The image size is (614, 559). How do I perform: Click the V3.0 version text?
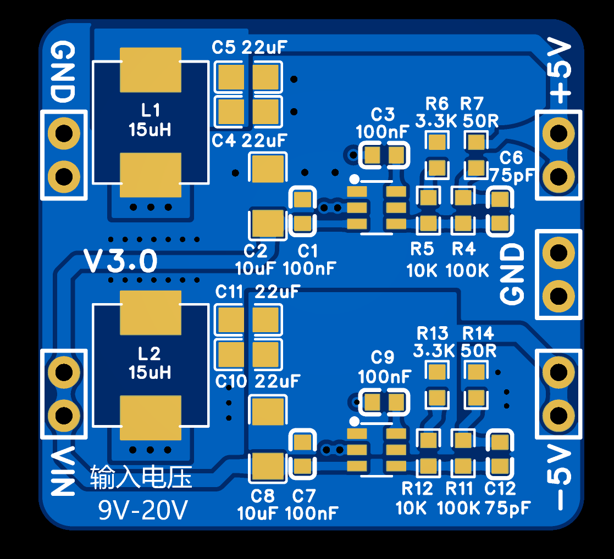pyautogui.click(x=120, y=261)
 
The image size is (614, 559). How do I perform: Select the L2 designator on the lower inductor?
pyautogui.click(x=149, y=354)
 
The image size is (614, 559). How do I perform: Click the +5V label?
pyautogui.click(x=560, y=71)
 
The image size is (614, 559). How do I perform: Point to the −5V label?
pyautogui.click(x=560, y=477)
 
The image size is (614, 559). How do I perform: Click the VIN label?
pyautogui.click(x=63, y=471)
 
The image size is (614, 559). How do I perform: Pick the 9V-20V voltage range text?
pyautogui.click(x=143, y=510)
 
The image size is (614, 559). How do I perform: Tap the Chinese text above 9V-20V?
pyautogui.click(x=141, y=477)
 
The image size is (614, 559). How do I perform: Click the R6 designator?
pyautogui.click(x=437, y=104)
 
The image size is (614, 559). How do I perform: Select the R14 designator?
pyautogui.click(x=478, y=333)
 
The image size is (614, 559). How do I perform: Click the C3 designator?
pyautogui.click(x=383, y=115)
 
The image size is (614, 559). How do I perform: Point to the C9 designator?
pyautogui.click(x=383, y=357)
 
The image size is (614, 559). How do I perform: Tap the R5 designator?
pyautogui.click(x=422, y=248)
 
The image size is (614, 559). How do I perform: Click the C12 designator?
pyautogui.click(x=500, y=489)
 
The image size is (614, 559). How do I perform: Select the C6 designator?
pyautogui.click(x=511, y=158)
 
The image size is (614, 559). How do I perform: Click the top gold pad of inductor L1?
pyautogui.click(x=151, y=70)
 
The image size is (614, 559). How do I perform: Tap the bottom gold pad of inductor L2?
pyautogui.click(x=151, y=418)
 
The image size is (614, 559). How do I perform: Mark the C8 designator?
pyautogui.click(x=262, y=496)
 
